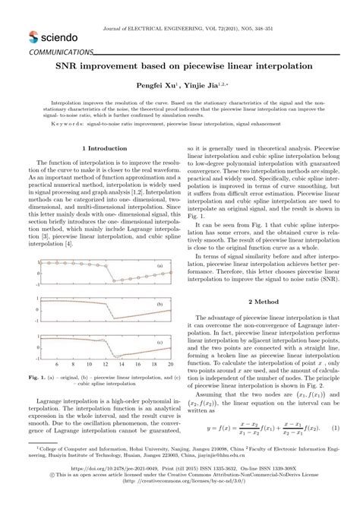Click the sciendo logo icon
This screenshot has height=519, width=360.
click(33, 35)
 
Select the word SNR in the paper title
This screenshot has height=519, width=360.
click(65, 67)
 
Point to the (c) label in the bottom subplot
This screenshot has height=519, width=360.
click(160, 343)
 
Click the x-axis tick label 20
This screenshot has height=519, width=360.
click(169, 365)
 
